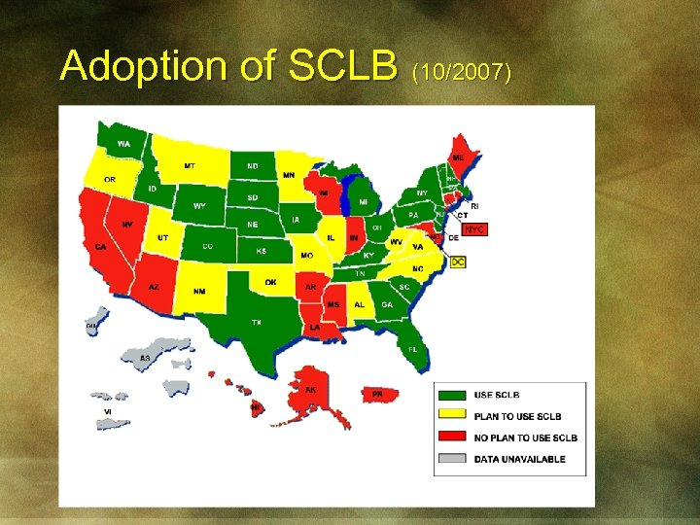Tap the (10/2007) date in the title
pyautogui.click(x=462, y=71)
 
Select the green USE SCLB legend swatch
pyautogui.click(x=453, y=395)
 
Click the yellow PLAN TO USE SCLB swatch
pyautogui.click(x=453, y=416)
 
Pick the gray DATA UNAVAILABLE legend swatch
pyautogui.click(x=453, y=459)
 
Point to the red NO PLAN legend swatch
pyautogui.click(x=453, y=437)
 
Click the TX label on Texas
pyautogui.click(x=257, y=321)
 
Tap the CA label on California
pyautogui.click(x=100, y=247)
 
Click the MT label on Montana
pyautogui.click(x=190, y=166)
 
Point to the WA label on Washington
pyautogui.click(x=123, y=144)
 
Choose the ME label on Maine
pyautogui.click(x=458, y=157)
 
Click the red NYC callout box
pyautogui.click(x=473, y=229)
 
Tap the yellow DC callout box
pyautogui.click(x=458, y=262)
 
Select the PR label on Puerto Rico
pyautogui.click(x=378, y=394)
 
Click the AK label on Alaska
pyautogui.click(x=311, y=390)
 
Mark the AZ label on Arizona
pyautogui.click(x=154, y=287)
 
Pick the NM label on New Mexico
pyautogui.click(x=199, y=291)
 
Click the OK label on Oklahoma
pyautogui.click(x=270, y=282)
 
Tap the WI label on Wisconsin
pyautogui.click(x=324, y=192)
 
